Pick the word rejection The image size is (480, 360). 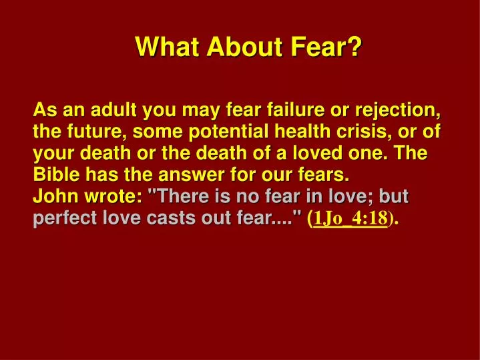pos(399,108)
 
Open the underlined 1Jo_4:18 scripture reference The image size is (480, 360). pos(350,218)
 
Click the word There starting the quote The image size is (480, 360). pos(180,197)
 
